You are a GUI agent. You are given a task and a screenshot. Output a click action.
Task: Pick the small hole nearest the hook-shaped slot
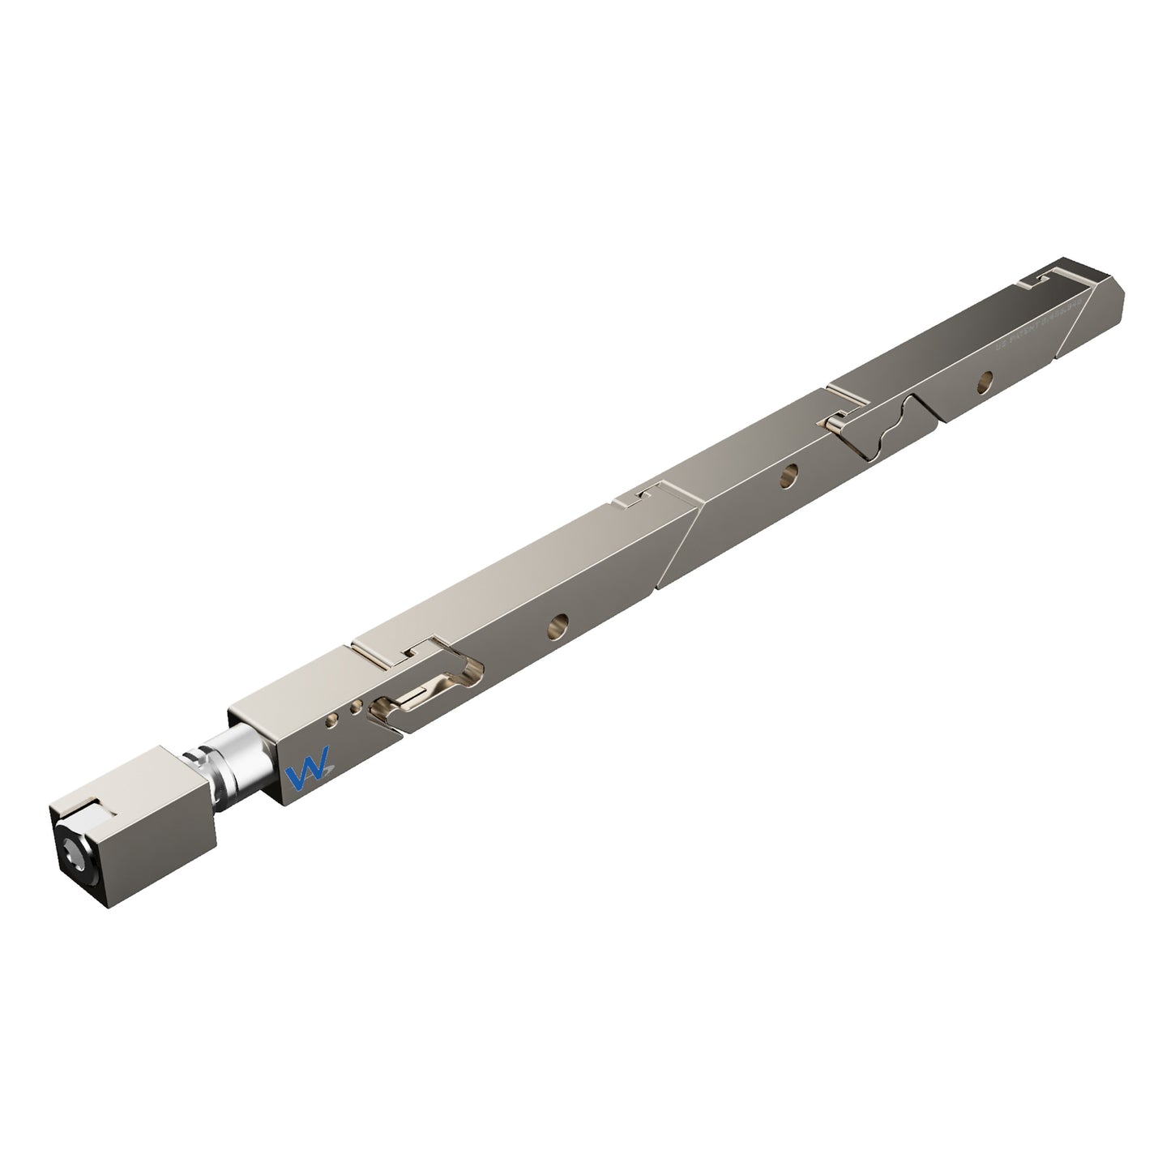point(355,707)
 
